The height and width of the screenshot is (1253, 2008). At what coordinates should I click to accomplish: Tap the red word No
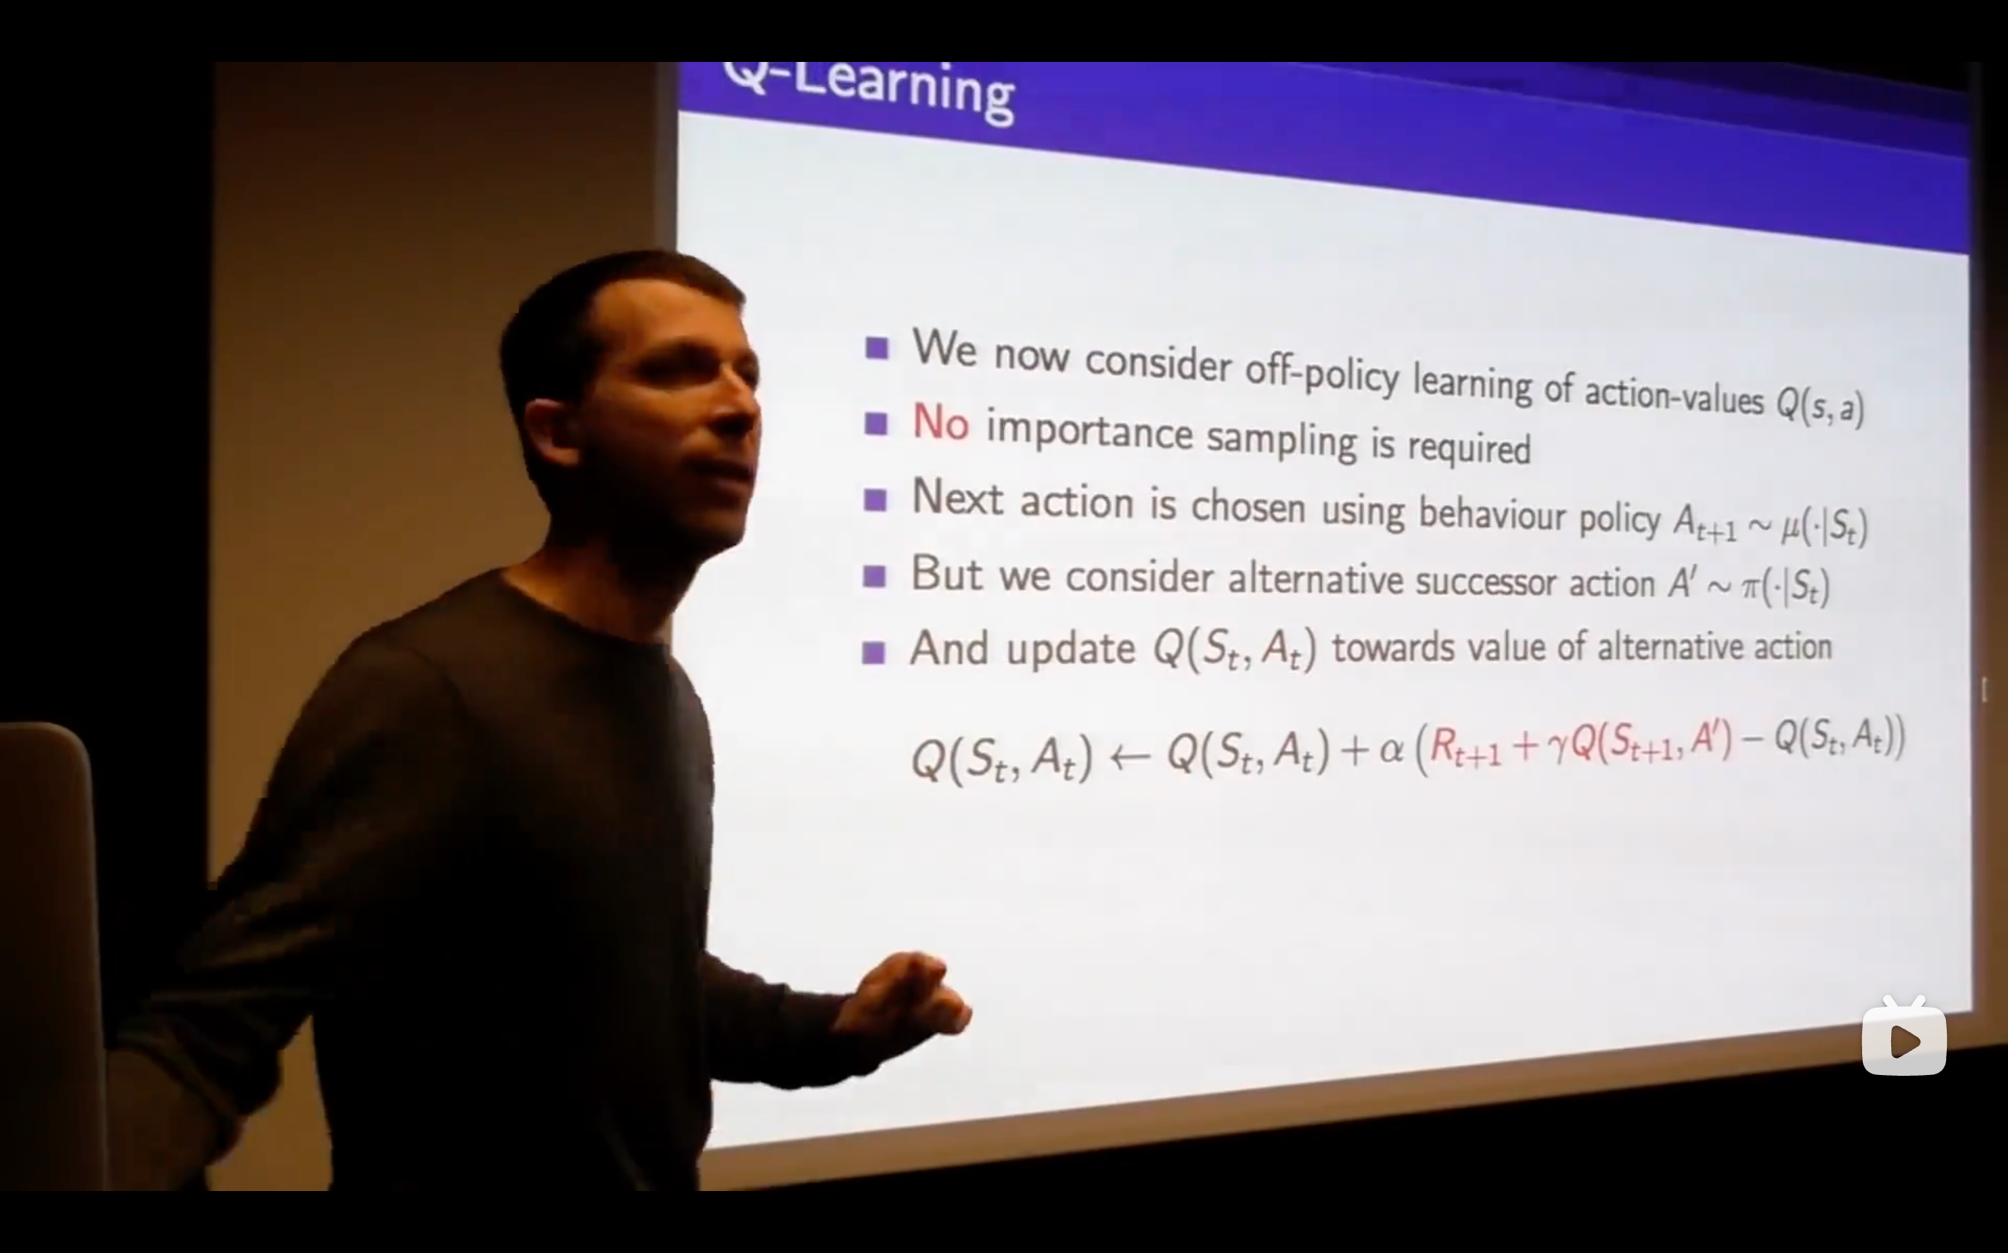coord(940,421)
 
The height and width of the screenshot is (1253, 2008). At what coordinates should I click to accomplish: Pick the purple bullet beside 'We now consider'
coord(877,347)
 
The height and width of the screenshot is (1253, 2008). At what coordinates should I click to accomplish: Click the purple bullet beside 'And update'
coord(874,652)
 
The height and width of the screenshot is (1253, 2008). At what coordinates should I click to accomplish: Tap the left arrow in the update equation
coord(1129,756)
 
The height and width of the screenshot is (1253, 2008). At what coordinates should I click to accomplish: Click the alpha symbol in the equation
coord(1391,750)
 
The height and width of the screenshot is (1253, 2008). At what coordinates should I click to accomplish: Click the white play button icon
coord(1904,1041)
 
